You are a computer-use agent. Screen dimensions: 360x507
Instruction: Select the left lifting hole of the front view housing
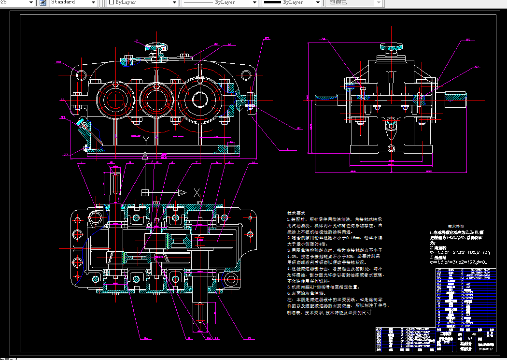(x=81, y=75)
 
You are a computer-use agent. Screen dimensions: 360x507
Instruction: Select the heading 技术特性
(x=456, y=226)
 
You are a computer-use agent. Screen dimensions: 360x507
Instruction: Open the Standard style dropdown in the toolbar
(x=72, y=2)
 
